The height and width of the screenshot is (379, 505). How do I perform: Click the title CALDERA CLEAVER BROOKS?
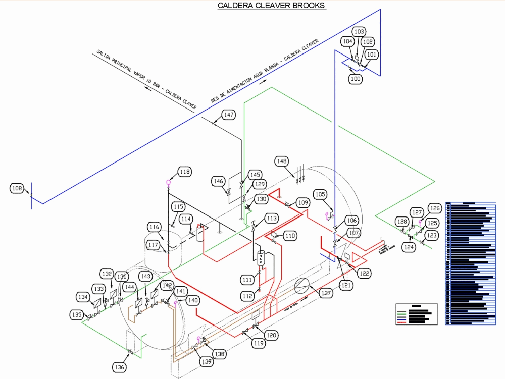coord(271,6)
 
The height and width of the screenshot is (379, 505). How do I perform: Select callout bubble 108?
coord(17,188)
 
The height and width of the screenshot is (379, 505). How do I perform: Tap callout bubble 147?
coord(229,115)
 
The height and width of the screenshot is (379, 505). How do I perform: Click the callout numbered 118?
coord(184,172)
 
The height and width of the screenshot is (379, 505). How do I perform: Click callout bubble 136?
coord(119,367)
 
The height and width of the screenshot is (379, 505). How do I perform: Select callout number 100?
coord(356,79)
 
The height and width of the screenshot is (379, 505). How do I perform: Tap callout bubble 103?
coord(359,32)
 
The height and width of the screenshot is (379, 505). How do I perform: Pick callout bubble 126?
coord(435,208)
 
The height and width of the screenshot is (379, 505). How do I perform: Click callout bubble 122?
coord(364,273)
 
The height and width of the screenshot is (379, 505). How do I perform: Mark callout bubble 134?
coord(83,297)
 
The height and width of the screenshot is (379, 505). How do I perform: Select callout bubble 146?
coord(218,181)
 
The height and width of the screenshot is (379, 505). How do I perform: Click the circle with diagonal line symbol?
coord(302,285)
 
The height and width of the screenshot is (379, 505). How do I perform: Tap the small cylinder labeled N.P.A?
coord(261,258)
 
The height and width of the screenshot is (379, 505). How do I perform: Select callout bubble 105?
coord(320,194)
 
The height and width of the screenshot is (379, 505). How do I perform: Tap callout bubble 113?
coord(272,218)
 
